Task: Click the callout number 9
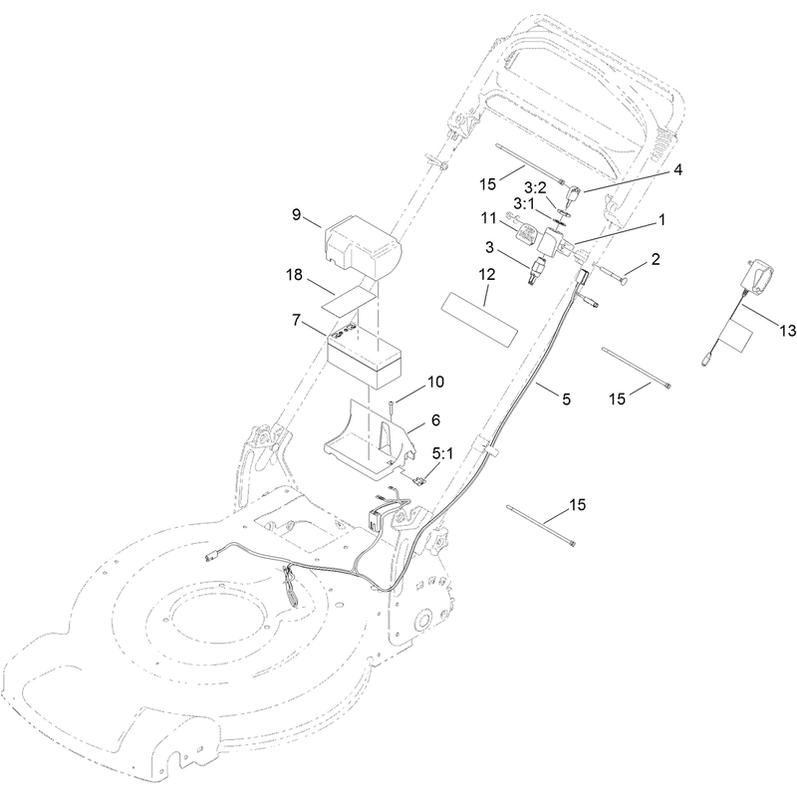pos(296,214)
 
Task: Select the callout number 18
pos(294,275)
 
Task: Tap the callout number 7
pos(296,320)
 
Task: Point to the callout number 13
pos(787,331)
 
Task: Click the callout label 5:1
pos(442,453)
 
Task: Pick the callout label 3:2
pos(535,188)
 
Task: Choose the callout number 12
pos(486,275)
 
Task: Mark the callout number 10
pos(435,382)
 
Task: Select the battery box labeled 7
pos(364,357)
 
